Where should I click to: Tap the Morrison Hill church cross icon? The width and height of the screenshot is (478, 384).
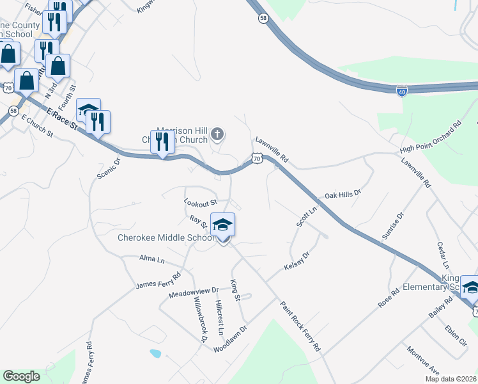pyautogui.click(x=217, y=134)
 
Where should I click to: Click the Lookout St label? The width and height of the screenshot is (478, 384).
pyautogui.click(x=197, y=202)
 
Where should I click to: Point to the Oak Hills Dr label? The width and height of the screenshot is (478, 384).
pyautogui.click(x=343, y=194)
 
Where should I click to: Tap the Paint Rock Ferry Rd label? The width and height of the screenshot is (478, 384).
pyautogui.click(x=300, y=326)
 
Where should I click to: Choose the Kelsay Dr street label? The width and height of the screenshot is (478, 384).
pyautogui.click(x=297, y=262)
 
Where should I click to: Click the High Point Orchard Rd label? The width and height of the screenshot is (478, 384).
pyautogui.click(x=430, y=138)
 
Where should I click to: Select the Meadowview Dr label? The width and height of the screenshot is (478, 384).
pyautogui.click(x=194, y=292)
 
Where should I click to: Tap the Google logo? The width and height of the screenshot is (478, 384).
pyautogui.click(x=21, y=376)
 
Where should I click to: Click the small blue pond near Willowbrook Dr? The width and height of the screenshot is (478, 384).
pyautogui.click(x=155, y=353)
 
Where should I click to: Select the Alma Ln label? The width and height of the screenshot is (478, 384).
pyautogui.click(x=152, y=259)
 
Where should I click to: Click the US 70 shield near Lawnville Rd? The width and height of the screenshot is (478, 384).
pyautogui.click(x=257, y=158)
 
